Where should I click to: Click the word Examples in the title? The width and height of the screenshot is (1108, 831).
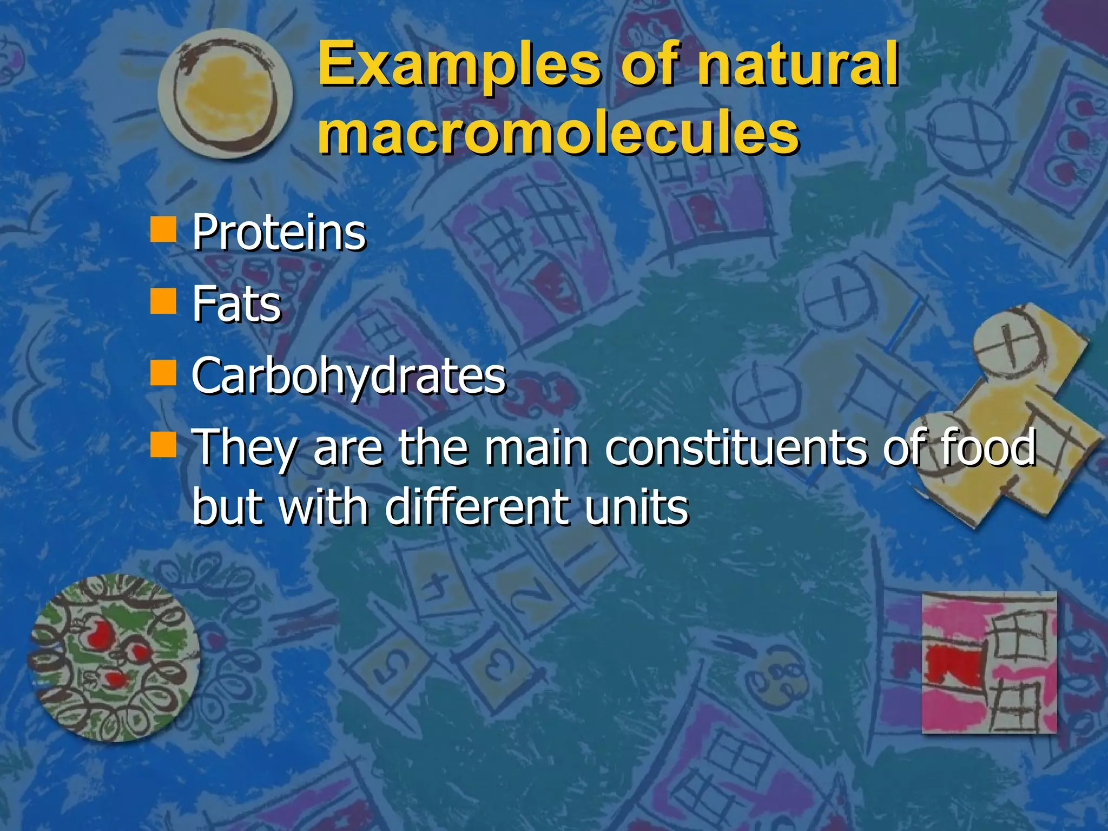[x=459, y=68]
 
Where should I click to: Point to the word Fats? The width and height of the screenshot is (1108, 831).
[x=236, y=304]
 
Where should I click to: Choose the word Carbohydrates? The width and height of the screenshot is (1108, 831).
[x=348, y=375]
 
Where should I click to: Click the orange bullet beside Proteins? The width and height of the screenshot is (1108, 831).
[x=163, y=229]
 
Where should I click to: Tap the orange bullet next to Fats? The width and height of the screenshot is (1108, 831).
[x=163, y=301]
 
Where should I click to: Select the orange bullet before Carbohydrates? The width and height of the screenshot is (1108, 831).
[x=163, y=372]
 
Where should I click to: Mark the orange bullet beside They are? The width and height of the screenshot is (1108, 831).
[x=163, y=444]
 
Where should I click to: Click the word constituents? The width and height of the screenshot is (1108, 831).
[x=736, y=447]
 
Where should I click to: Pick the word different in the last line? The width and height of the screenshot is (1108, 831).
[x=476, y=507]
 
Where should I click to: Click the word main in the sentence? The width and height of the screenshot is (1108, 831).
[x=536, y=447]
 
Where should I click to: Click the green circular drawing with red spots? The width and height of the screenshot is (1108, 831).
[x=114, y=657]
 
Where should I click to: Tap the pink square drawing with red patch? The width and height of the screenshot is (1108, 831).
[x=989, y=662]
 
